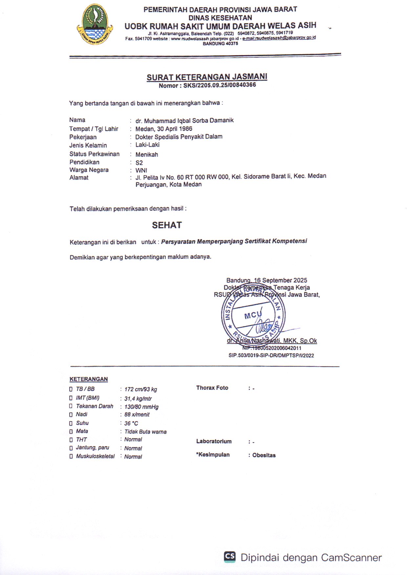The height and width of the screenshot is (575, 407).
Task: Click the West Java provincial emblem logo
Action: click(x=95, y=25)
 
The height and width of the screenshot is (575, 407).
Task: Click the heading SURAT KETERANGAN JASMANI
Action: click(x=207, y=77)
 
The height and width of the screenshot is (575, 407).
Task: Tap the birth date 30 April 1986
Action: click(x=175, y=129)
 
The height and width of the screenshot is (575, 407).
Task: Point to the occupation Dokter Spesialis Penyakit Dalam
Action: click(x=179, y=137)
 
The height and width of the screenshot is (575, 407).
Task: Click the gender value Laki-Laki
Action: click(x=147, y=145)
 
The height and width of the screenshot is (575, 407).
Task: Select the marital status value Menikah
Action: click(x=147, y=154)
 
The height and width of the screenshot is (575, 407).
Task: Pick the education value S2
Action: click(x=139, y=163)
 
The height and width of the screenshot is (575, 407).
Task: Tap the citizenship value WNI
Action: click(x=141, y=171)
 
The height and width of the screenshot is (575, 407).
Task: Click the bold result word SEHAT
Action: click(x=167, y=225)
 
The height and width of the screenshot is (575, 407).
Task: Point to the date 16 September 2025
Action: click(x=281, y=280)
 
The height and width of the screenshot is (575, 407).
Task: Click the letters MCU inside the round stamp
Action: click(x=252, y=315)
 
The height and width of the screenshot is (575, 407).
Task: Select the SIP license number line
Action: click(x=271, y=356)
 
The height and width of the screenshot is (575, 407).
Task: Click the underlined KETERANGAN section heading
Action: click(x=89, y=379)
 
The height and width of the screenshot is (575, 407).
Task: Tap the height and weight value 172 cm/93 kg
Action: click(x=140, y=389)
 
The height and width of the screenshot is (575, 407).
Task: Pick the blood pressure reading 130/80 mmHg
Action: click(x=141, y=407)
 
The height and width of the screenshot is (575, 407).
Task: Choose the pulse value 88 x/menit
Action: click(x=137, y=415)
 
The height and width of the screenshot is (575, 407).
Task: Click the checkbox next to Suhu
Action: click(x=71, y=423)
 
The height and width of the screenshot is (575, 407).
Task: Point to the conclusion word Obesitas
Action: click(x=264, y=455)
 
